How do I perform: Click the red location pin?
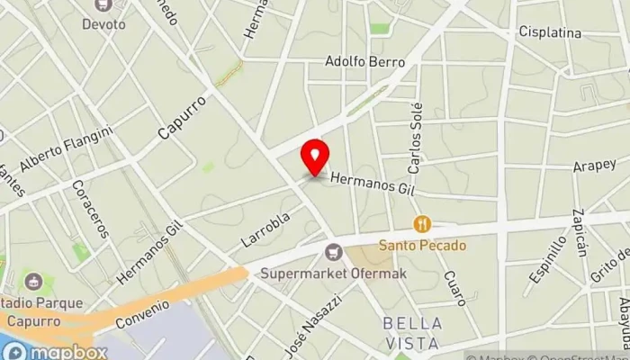coord(314,157)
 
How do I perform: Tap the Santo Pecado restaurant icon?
coord(421,224)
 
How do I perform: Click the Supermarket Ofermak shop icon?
coord(335,253)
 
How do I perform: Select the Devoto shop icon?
coord(103,5)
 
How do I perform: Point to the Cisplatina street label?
coord(550,32)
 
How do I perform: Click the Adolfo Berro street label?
coord(364,62)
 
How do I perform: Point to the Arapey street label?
coord(593,166)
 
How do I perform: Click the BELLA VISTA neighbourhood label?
coord(412,332)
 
